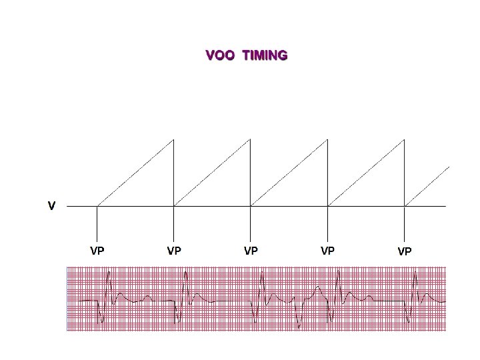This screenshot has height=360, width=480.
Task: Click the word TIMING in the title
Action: click(265, 55)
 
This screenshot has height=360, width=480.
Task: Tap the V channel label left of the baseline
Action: click(51, 206)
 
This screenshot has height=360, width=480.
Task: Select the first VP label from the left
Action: click(97, 251)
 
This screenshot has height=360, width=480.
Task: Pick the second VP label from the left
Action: click(174, 251)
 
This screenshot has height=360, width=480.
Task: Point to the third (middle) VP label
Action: click(251, 251)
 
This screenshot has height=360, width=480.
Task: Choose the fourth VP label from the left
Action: click(327, 251)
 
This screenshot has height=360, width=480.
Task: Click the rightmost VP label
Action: click(405, 252)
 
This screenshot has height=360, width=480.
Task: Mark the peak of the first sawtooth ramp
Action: click(173, 140)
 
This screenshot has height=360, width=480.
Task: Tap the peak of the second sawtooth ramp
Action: click(250, 140)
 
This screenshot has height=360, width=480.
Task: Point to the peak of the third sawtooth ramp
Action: click(327, 140)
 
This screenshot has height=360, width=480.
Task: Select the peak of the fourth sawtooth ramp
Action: click(404, 140)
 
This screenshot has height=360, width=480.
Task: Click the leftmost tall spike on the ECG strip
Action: click(109, 273)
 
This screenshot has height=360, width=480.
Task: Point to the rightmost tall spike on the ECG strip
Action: click(416, 273)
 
